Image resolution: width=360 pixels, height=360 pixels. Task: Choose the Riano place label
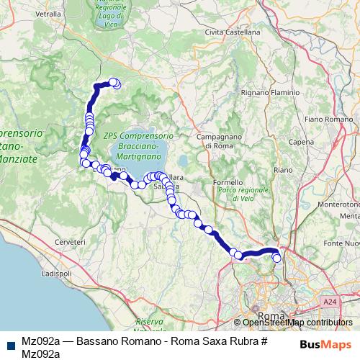(x=282, y=170)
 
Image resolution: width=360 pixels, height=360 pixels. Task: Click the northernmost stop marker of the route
(x=113, y=83)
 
